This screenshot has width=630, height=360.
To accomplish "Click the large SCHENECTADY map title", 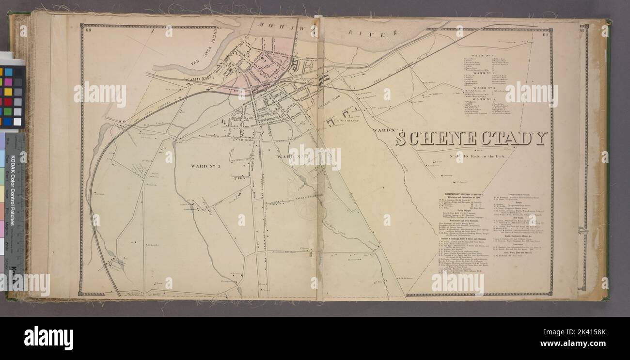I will click(x=471, y=139).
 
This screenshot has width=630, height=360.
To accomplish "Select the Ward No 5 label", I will click(x=206, y=166).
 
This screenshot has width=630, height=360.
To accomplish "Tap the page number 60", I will click(x=88, y=31).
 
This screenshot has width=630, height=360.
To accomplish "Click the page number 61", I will click(x=545, y=34).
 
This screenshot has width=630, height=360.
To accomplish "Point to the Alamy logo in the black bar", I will click(x=48, y=338).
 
